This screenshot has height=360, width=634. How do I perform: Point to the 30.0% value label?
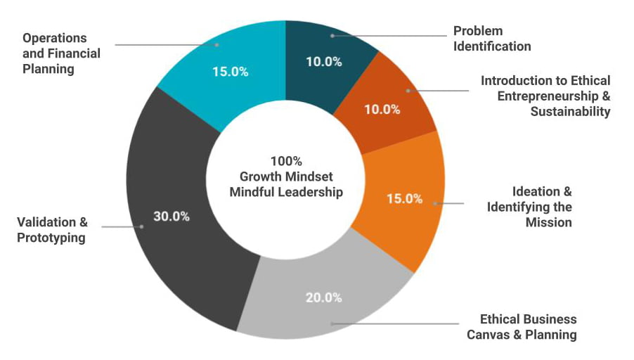[172, 217]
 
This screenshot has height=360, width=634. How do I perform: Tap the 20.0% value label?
[324, 297]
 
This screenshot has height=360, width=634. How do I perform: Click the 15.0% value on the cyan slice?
[229, 72]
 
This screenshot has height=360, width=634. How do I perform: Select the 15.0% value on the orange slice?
[405, 199]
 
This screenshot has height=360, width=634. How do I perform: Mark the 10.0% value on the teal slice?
[324, 61]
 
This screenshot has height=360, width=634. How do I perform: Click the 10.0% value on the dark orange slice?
[382, 110]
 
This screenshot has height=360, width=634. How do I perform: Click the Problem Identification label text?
[491, 39]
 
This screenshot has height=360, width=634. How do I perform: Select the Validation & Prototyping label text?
[52, 230]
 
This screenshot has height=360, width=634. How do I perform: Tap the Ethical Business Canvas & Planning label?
[522, 327]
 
